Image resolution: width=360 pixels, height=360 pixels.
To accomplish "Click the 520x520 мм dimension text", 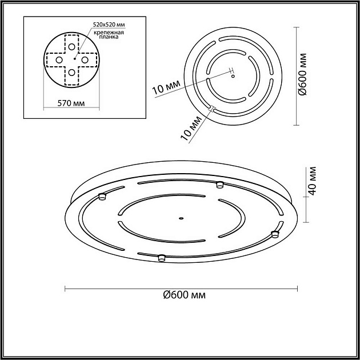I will [x=108, y=25].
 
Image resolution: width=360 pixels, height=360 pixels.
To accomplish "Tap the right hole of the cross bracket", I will [x=85, y=59].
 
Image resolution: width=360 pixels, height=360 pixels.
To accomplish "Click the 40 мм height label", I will [x=312, y=182].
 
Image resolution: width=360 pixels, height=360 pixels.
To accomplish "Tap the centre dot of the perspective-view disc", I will [x=181, y=217].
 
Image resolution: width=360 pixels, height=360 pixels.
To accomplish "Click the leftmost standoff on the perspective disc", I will [x=103, y=197].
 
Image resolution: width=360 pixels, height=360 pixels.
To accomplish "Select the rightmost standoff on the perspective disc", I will [x=274, y=233].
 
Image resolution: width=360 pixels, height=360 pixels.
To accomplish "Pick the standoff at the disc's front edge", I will [x=161, y=258].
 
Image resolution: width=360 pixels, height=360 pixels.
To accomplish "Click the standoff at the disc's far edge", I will [x=219, y=184].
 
